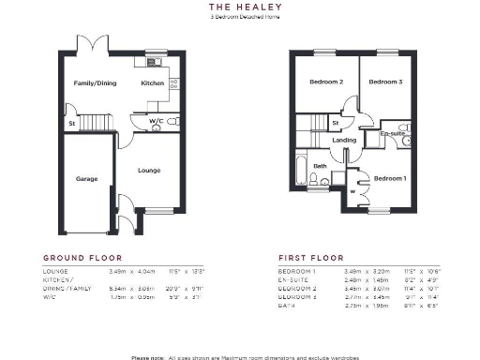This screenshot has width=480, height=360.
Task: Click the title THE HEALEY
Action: [x=238, y=6]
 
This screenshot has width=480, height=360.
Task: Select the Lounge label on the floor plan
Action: [x=148, y=170]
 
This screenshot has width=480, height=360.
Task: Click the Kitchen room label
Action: [x=152, y=83]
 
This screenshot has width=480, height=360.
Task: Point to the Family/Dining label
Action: [x=96, y=83]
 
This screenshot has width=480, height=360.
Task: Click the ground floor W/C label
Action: [x=156, y=120]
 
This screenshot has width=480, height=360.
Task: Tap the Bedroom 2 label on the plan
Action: [x=326, y=82]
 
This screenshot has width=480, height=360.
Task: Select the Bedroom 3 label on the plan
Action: [x=384, y=82]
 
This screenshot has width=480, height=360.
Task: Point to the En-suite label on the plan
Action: [x=391, y=134]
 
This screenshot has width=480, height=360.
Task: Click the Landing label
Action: [x=345, y=140]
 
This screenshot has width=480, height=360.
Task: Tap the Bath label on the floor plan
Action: [x=320, y=166]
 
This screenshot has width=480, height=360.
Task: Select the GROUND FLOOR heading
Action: [x=82, y=257]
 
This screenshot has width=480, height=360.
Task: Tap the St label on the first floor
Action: [x=335, y=122]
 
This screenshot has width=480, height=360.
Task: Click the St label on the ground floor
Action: [x=70, y=123]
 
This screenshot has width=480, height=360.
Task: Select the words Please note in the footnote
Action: [x=148, y=356]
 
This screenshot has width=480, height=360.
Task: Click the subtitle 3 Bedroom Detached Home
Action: [x=238, y=16]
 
